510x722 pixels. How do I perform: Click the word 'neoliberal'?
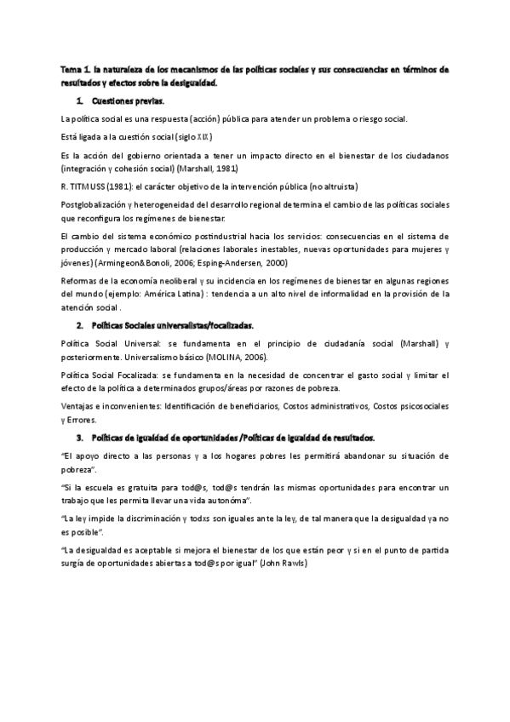coord(168,282)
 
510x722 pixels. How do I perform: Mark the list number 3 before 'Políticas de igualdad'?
coord(79,438)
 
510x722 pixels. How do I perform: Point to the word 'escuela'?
coord(98,487)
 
